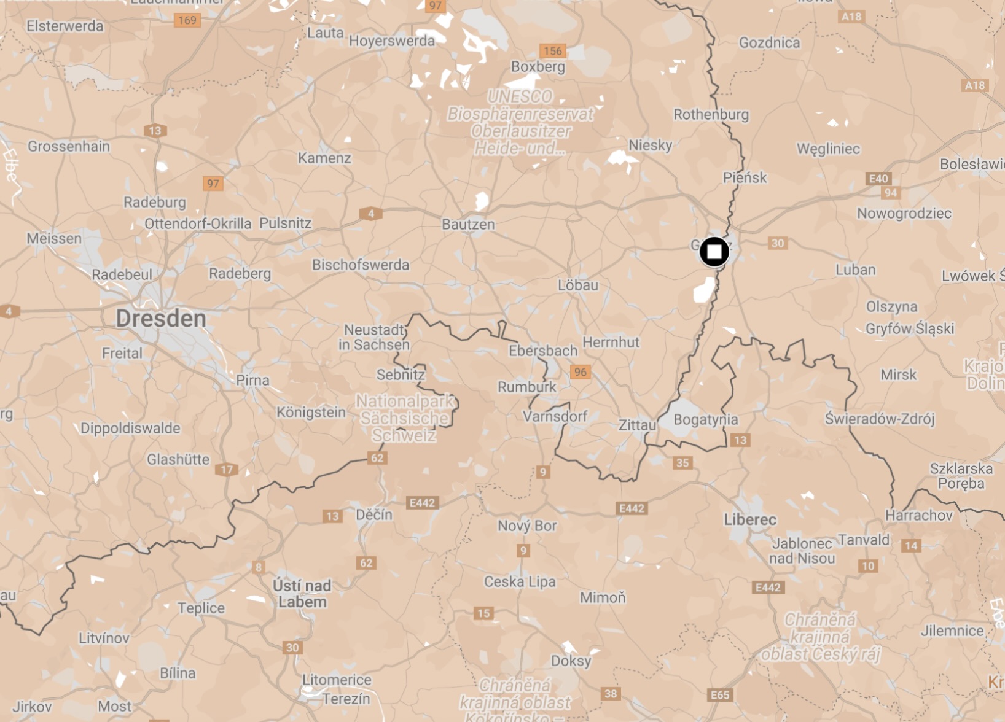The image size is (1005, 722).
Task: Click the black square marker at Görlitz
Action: (x=714, y=252)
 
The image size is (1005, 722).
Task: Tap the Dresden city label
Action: (x=161, y=319)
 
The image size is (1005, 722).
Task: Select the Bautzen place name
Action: (x=468, y=225)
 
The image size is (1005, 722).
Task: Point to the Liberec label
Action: (x=749, y=520)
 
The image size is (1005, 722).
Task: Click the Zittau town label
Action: (x=637, y=425)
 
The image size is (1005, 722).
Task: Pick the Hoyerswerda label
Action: (x=392, y=41)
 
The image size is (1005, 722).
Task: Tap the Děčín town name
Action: (x=374, y=514)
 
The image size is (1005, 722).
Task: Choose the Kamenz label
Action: (x=324, y=158)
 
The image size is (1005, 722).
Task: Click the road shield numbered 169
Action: (x=187, y=20)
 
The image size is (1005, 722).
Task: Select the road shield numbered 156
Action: (x=552, y=51)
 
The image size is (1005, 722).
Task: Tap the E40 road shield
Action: (x=878, y=179)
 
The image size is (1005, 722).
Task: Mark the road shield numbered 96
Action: (x=580, y=372)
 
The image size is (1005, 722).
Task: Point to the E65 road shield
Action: (x=720, y=695)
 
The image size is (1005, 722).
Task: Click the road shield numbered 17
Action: (x=227, y=470)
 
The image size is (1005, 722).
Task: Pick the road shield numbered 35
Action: (x=682, y=463)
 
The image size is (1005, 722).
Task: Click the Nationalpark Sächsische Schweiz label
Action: (x=405, y=418)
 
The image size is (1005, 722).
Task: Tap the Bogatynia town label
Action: (x=705, y=420)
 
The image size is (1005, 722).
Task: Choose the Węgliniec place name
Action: (x=828, y=149)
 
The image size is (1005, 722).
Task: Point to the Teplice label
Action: (x=201, y=608)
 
